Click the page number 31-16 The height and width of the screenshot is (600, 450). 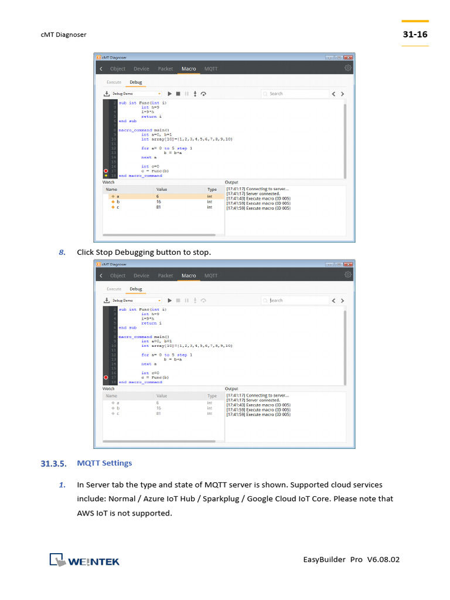click(415, 35)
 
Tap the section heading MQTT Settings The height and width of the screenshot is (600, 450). click(104, 463)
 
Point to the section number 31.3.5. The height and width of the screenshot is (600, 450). click(54, 463)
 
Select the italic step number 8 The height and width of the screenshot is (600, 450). click(62, 252)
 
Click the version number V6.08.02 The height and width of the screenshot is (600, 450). click(383, 560)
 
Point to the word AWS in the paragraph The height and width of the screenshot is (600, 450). click(86, 513)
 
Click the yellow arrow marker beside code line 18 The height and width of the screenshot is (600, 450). click(105, 175)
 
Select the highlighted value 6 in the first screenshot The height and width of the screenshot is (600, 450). click(158, 196)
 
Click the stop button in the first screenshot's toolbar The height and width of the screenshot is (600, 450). click(178, 93)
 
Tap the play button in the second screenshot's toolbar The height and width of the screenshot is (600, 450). click(169, 300)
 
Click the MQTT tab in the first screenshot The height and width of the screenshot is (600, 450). click(210, 69)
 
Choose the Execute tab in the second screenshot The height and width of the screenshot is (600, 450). click(114, 289)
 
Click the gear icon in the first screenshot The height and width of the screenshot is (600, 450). click(348, 69)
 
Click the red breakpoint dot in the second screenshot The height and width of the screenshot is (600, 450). click(105, 377)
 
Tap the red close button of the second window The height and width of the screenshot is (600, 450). click(349, 264)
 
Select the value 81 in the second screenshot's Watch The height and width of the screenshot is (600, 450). click(158, 414)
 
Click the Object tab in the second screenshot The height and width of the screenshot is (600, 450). click(118, 275)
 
